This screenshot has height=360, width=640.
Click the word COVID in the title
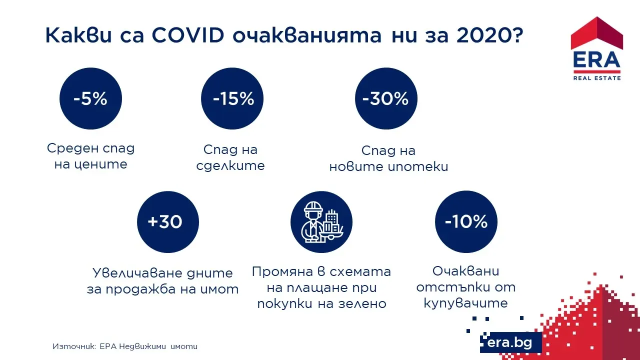point(187,35)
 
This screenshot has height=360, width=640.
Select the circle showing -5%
point(90,98)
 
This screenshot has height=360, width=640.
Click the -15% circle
point(232,98)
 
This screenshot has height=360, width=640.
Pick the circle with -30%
point(386,98)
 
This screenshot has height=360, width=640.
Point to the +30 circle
point(168,222)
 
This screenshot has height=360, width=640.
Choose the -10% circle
point(466,222)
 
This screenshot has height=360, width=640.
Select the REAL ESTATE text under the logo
point(597,78)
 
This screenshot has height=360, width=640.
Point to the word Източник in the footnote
point(74,346)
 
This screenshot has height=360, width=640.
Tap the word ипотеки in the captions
point(418,166)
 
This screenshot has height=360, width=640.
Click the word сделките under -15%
point(230,165)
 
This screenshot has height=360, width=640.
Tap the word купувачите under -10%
point(465,303)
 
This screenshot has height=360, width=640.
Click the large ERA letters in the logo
point(597,60)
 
